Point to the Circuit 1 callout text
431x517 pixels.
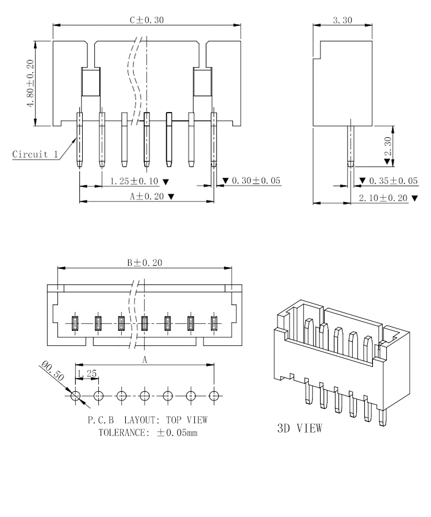pos(34,155)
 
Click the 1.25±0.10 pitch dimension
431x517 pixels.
pos(135,181)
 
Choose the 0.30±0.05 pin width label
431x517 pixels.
pos(251,181)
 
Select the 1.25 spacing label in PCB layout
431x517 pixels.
pos(87,373)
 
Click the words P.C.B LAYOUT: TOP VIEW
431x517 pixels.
pos(147,420)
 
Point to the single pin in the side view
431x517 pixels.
pos(349,146)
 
